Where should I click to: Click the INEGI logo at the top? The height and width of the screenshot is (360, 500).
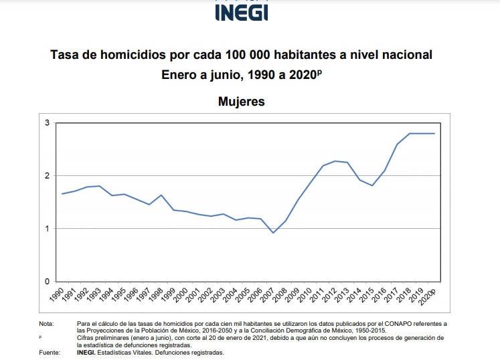click(242, 11)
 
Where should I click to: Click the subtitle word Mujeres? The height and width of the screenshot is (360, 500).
click(242, 102)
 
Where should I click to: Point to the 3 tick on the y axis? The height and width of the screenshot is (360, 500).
click(48, 123)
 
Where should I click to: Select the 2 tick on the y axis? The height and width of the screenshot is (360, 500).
click(48, 176)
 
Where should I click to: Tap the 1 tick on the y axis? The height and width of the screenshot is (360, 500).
click(48, 229)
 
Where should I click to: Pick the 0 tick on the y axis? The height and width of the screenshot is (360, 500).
click(48, 282)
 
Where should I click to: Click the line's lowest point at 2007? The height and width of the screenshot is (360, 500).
click(273, 233)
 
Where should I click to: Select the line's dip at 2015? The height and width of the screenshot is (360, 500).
click(372, 185)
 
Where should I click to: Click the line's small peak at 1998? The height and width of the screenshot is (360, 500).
click(161, 195)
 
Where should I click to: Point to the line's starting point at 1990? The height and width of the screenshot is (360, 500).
click(62, 194)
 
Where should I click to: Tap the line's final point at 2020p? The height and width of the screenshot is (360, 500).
click(434, 133)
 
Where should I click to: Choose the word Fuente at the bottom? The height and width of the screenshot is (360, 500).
click(50, 352)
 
